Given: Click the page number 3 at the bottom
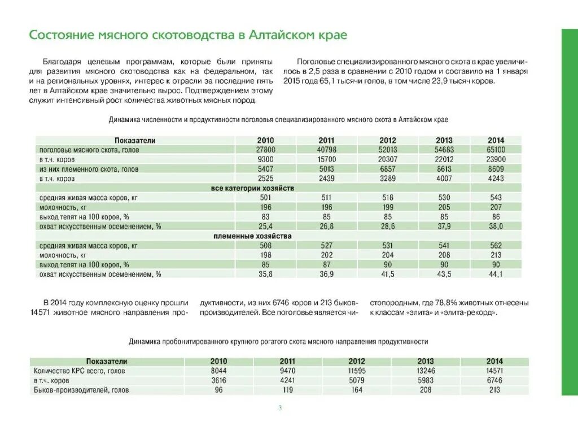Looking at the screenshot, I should pos(280,409).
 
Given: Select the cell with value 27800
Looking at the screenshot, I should pos(265,150).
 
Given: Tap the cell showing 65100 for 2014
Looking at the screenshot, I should pos(496,150).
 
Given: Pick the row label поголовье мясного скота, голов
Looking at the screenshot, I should pos(89,150).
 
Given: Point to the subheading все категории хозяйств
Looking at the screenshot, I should pos(252,188).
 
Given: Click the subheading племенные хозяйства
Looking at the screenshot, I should pos(252,236).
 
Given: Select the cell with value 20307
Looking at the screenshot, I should pos(387,159).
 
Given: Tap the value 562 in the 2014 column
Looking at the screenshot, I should pos(496,246).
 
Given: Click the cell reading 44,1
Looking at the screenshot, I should pos(496,274).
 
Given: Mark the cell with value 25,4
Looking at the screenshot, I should pos(265,226).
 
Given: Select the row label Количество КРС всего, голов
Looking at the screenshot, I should pos(79,371).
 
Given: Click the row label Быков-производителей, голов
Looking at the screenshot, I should pos(81,390).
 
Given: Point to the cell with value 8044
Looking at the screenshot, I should pos(218,371).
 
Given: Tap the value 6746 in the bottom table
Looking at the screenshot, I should pos(494,380).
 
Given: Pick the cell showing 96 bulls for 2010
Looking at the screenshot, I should pos(218,390).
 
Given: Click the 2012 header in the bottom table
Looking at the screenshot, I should pos(357,361).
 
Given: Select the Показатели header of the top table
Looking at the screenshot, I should pos(135,140).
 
